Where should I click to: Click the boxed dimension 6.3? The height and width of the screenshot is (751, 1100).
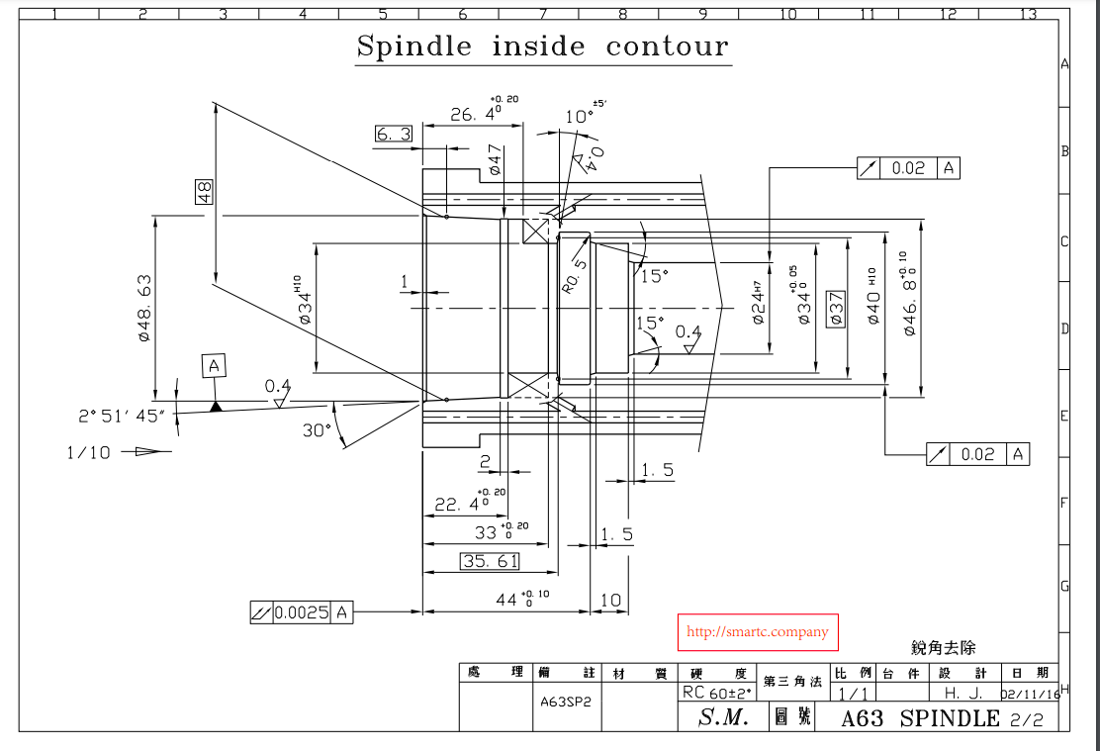(x=394, y=134)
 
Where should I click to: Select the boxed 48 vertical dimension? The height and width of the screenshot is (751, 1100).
(x=205, y=191)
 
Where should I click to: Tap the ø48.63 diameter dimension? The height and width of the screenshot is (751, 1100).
(x=144, y=308)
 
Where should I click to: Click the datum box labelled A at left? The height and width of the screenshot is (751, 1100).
(x=214, y=366)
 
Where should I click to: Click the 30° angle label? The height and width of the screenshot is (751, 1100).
(x=316, y=430)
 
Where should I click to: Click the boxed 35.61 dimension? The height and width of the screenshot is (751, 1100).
(x=490, y=561)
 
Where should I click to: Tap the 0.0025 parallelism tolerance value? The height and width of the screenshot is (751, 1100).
(x=302, y=613)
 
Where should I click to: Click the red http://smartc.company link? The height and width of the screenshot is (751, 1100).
(x=757, y=632)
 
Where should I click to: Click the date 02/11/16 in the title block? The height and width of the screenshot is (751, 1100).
(x=1031, y=695)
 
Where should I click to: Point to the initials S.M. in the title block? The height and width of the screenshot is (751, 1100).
(x=722, y=718)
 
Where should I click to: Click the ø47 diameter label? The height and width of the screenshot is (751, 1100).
(x=496, y=159)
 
